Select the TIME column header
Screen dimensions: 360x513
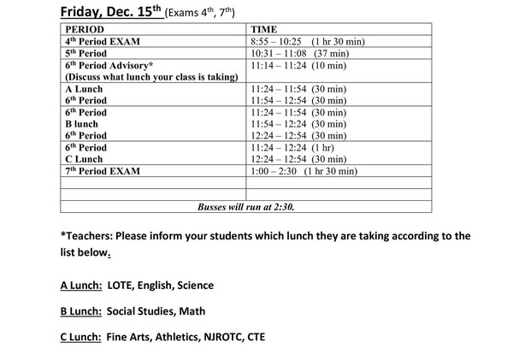[266, 29]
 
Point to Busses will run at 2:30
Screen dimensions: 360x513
[245, 206]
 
